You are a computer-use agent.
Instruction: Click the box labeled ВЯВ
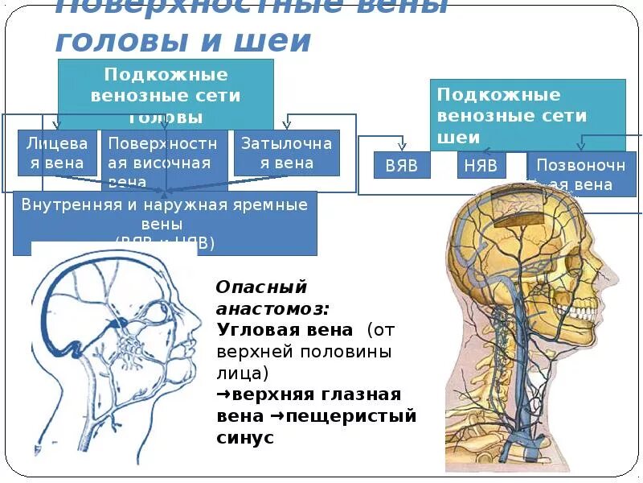[x=402, y=166]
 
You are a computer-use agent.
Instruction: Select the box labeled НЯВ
[x=482, y=166]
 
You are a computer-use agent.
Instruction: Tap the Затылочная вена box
[x=286, y=153]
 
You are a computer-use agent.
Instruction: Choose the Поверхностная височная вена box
[x=164, y=161]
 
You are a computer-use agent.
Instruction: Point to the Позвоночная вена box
[x=575, y=174]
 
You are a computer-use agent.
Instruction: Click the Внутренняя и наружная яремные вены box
[x=165, y=222]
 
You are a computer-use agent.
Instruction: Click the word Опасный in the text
[x=262, y=287]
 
